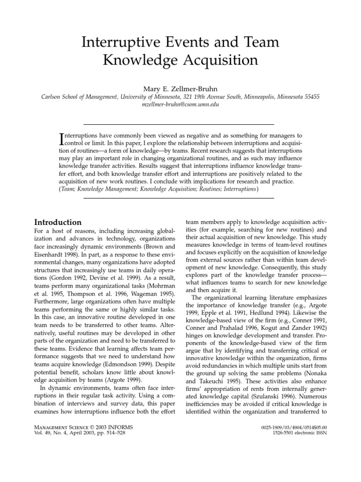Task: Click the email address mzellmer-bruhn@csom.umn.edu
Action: pos(180,105)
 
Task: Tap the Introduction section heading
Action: pos(58,222)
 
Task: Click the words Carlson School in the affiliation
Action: pos(61,96)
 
